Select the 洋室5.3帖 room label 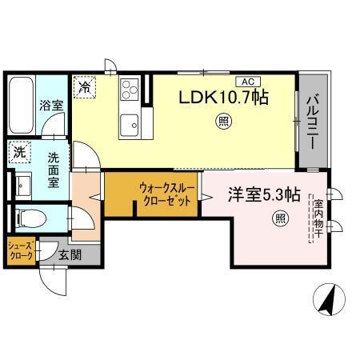(x=265, y=194)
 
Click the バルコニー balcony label (x=312, y=121)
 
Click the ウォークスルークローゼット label (x=165, y=194)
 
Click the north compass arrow (x=328, y=301)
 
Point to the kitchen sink (x=129, y=123)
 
